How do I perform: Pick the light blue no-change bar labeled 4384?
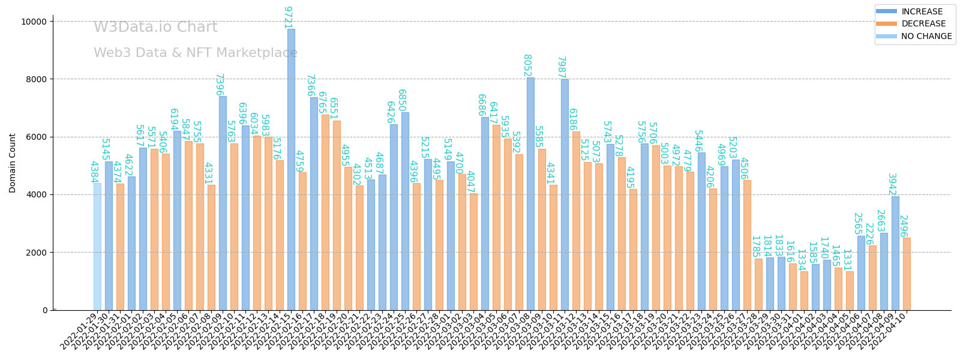(97, 246)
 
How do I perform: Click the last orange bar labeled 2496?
(907, 274)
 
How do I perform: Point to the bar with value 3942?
(895, 253)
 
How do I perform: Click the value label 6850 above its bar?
(401, 100)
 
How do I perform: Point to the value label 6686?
(481, 105)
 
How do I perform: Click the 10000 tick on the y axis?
(34, 22)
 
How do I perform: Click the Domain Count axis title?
(13, 163)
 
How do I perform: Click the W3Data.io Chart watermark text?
(155, 28)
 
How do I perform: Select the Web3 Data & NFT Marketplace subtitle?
(196, 53)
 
